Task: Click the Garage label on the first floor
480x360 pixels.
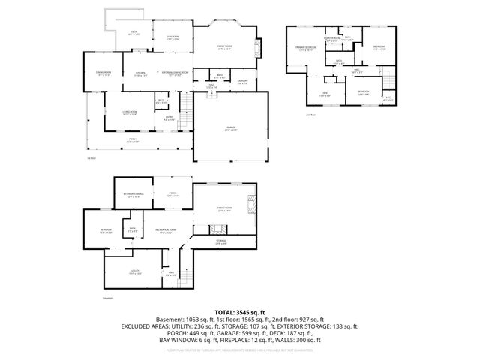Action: click(231, 129)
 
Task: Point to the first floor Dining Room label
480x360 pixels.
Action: click(103, 74)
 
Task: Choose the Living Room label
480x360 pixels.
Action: click(130, 112)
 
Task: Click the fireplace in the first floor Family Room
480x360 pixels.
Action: click(260, 48)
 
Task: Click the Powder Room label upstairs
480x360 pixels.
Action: click(332, 38)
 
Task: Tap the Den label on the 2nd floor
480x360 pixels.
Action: click(325, 93)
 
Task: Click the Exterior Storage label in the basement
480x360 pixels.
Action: click(133, 195)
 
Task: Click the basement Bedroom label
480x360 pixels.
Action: click(106, 230)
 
